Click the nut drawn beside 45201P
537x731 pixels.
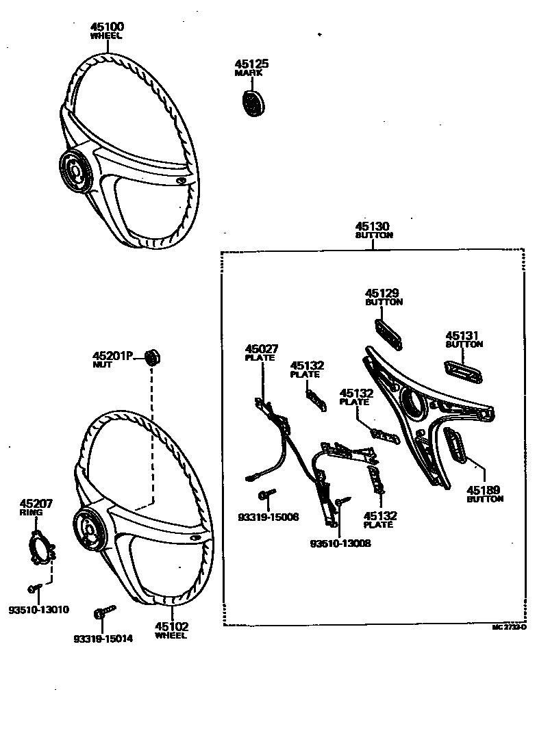click(153, 357)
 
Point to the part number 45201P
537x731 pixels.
click(112, 356)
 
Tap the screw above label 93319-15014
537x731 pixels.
click(104, 611)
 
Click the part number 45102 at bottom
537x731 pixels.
click(171, 626)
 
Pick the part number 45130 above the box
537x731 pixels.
click(373, 227)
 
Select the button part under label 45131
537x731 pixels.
click(463, 370)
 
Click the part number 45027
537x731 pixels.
click(262, 348)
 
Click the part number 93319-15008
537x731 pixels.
click(268, 517)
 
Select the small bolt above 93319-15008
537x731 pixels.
click(266, 494)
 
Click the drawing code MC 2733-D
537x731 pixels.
click(510, 626)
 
